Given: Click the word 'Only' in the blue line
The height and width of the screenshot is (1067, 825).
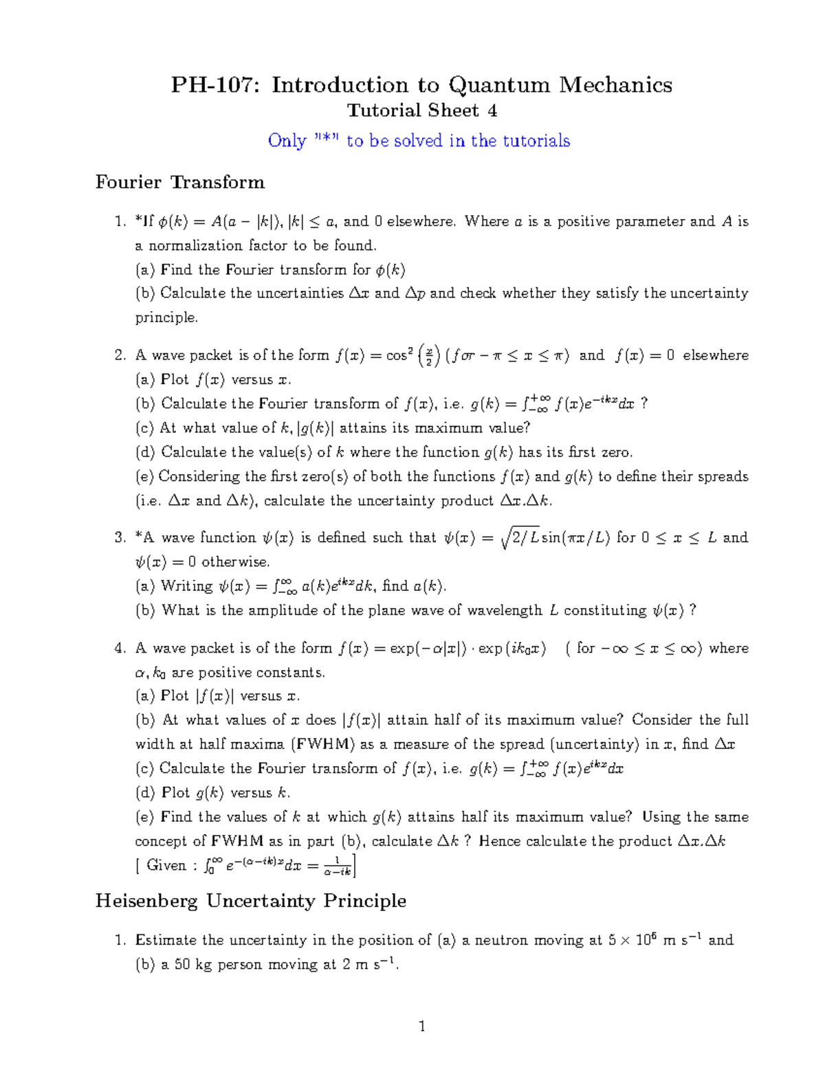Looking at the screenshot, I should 287,141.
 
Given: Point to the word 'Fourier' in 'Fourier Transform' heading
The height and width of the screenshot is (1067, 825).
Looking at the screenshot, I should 129,182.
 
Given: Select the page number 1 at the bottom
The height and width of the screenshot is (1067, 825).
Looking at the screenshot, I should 422,1026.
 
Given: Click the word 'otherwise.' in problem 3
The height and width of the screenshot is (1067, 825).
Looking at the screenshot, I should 235,562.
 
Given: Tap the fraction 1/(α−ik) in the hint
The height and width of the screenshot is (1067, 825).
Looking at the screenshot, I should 338,866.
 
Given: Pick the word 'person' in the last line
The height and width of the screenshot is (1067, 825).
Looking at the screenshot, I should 240,965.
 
